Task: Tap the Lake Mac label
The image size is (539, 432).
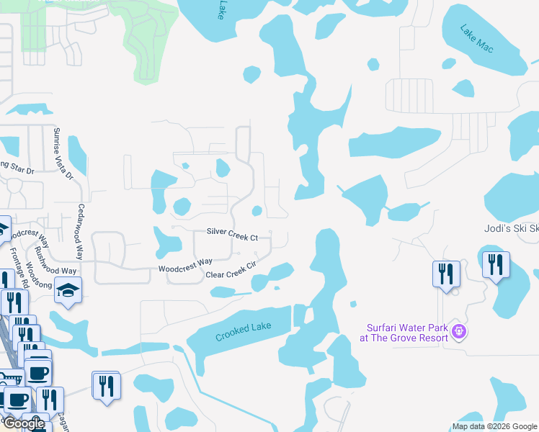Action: [477, 37]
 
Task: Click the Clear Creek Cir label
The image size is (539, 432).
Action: [231, 270]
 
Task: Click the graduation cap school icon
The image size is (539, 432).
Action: [68, 289]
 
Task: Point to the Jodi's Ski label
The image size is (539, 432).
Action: [510, 228]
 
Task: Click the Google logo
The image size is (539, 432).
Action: [24, 423]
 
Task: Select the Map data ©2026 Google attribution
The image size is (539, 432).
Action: [494, 426]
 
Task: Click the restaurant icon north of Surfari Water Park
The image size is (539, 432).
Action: [446, 274]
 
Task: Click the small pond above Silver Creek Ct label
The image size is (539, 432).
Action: [257, 210]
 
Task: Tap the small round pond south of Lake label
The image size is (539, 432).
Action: [251, 73]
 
